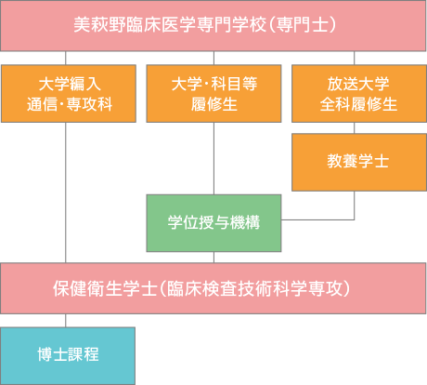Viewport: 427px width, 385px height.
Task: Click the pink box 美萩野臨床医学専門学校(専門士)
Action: click(x=213, y=25)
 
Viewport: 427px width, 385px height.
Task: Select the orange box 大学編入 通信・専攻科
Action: click(x=69, y=94)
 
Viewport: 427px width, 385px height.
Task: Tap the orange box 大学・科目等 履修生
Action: click(x=213, y=94)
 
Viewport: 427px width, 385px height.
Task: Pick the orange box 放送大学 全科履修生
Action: click(x=359, y=94)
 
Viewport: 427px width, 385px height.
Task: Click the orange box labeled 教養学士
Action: click(x=359, y=162)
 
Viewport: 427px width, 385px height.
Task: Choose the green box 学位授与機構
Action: click(x=213, y=223)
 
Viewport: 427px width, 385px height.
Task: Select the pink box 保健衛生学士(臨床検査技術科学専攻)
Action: click(x=213, y=288)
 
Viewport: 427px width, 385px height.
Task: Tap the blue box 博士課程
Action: click(x=68, y=356)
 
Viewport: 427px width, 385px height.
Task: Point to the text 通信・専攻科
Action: click(x=70, y=104)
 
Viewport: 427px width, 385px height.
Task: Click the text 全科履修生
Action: click(x=358, y=104)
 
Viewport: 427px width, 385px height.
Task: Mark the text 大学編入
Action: click(x=70, y=84)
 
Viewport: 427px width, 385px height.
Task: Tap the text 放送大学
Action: click(x=358, y=84)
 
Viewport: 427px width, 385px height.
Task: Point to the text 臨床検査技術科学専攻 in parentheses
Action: click(x=254, y=288)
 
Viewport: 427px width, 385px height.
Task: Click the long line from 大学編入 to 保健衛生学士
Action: click(x=66, y=192)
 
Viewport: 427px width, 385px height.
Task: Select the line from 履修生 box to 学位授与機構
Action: click(x=213, y=158)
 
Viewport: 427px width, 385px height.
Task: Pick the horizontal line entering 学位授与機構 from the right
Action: click(x=317, y=219)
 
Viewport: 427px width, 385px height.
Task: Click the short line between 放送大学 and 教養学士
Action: click(x=355, y=128)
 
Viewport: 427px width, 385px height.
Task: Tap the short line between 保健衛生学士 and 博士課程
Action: click(x=66, y=321)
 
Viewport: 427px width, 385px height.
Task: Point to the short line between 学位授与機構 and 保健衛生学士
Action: click(x=213, y=258)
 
